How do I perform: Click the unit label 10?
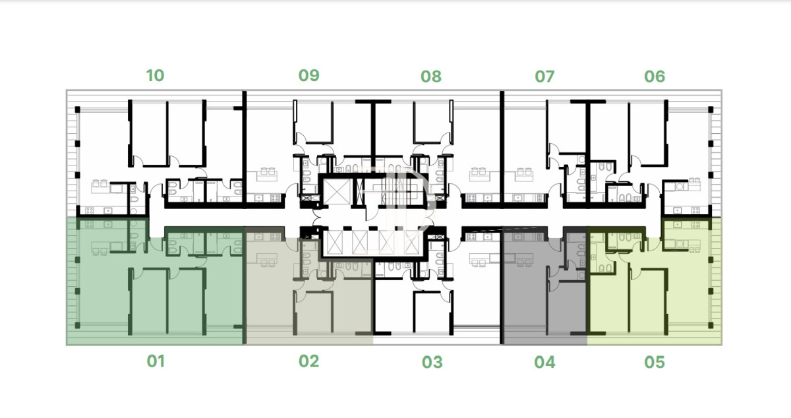[155, 76]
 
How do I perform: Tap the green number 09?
[309, 75]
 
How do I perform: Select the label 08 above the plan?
[431, 76]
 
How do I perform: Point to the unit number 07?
[544, 76]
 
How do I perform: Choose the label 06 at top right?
[655, 76]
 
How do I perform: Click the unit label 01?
[156, 361]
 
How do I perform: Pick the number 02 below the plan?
[309, 361]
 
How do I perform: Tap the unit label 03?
[432, 362]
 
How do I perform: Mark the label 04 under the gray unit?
[544, 362]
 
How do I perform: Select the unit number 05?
[655, 362]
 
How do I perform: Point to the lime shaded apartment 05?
[655, 283]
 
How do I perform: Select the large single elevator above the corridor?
[337, 192]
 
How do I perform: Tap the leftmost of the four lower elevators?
[334, 243]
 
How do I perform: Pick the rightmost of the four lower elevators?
[411, 243]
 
